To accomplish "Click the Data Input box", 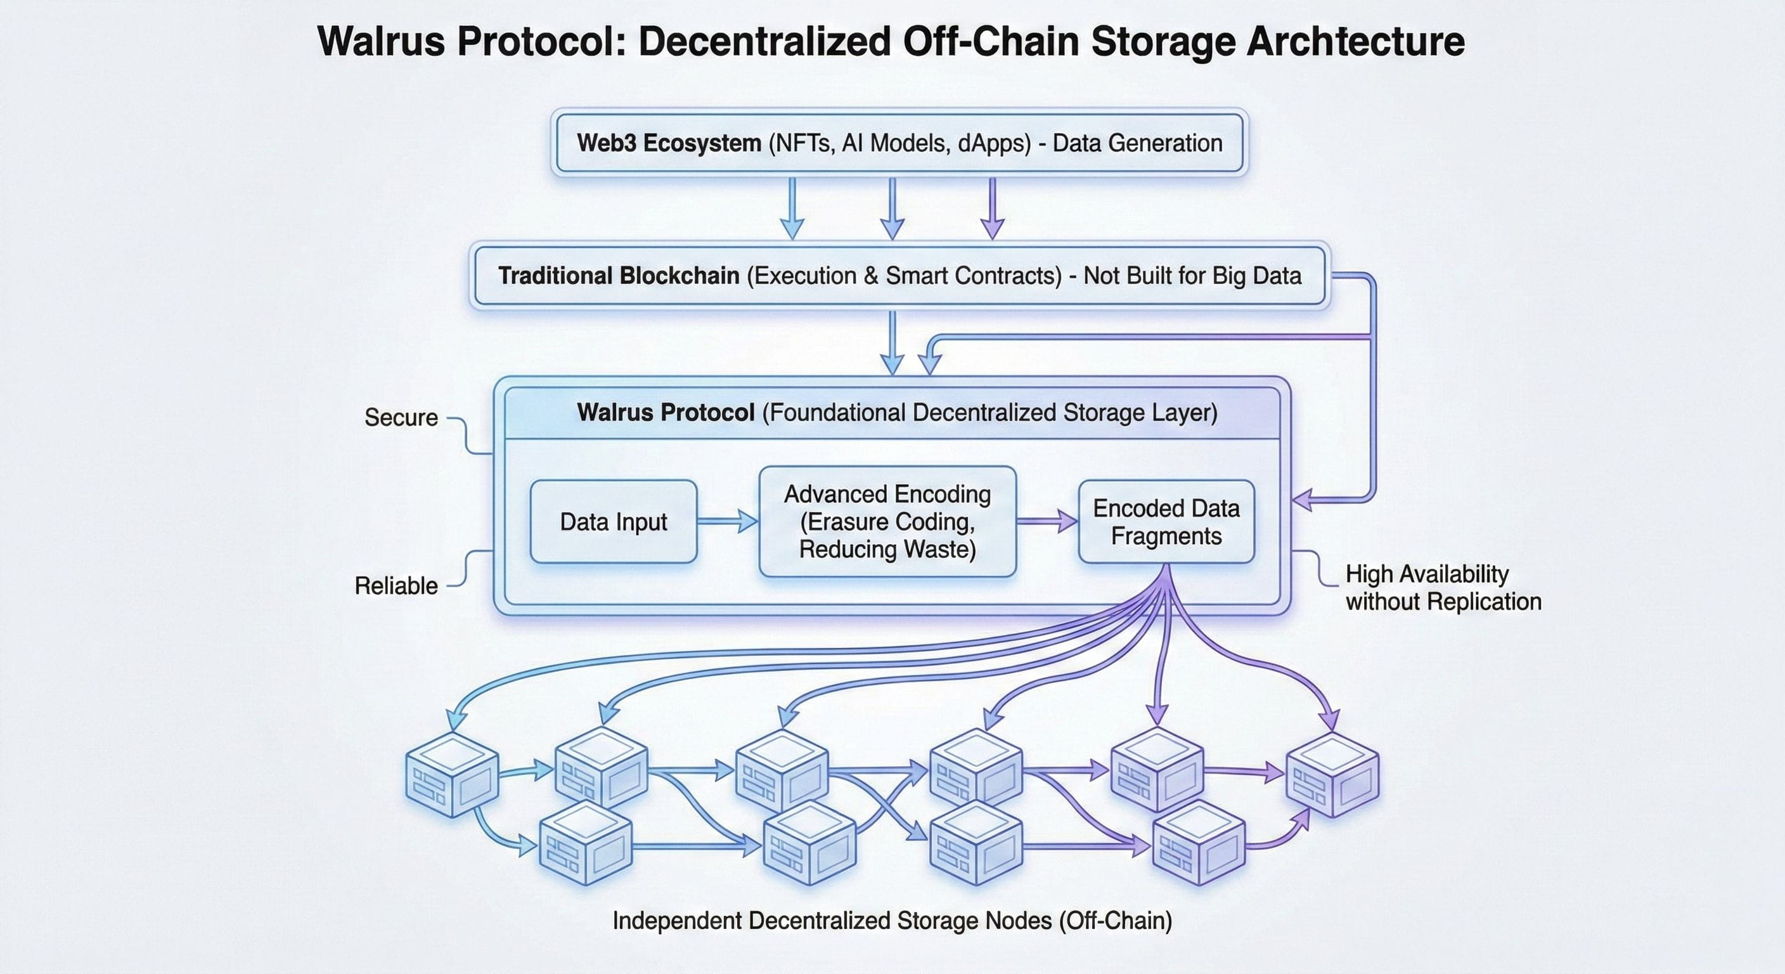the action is pos(613,521).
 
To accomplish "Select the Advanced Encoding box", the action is pos(887,521).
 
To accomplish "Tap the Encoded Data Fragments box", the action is pos(1166,521).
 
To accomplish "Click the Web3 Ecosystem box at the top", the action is pos(899,143).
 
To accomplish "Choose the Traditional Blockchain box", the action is pos(899,275).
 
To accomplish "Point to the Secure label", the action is pos(401,417).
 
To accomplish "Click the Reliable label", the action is pos(396,586).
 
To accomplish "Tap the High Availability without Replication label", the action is pos(1443,588).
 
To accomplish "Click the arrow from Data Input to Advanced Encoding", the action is pos(728,521).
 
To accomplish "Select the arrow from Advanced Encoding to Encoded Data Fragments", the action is pos(1047,521).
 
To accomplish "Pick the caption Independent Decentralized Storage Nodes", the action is pos(892,921).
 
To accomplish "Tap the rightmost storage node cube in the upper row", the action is pos(1332,774).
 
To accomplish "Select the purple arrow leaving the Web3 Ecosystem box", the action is pos(992,208).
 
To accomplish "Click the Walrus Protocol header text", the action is pos(898,412).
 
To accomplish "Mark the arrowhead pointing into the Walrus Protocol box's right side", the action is pos(1303,499).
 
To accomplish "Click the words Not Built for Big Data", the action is pos(1192,276).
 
